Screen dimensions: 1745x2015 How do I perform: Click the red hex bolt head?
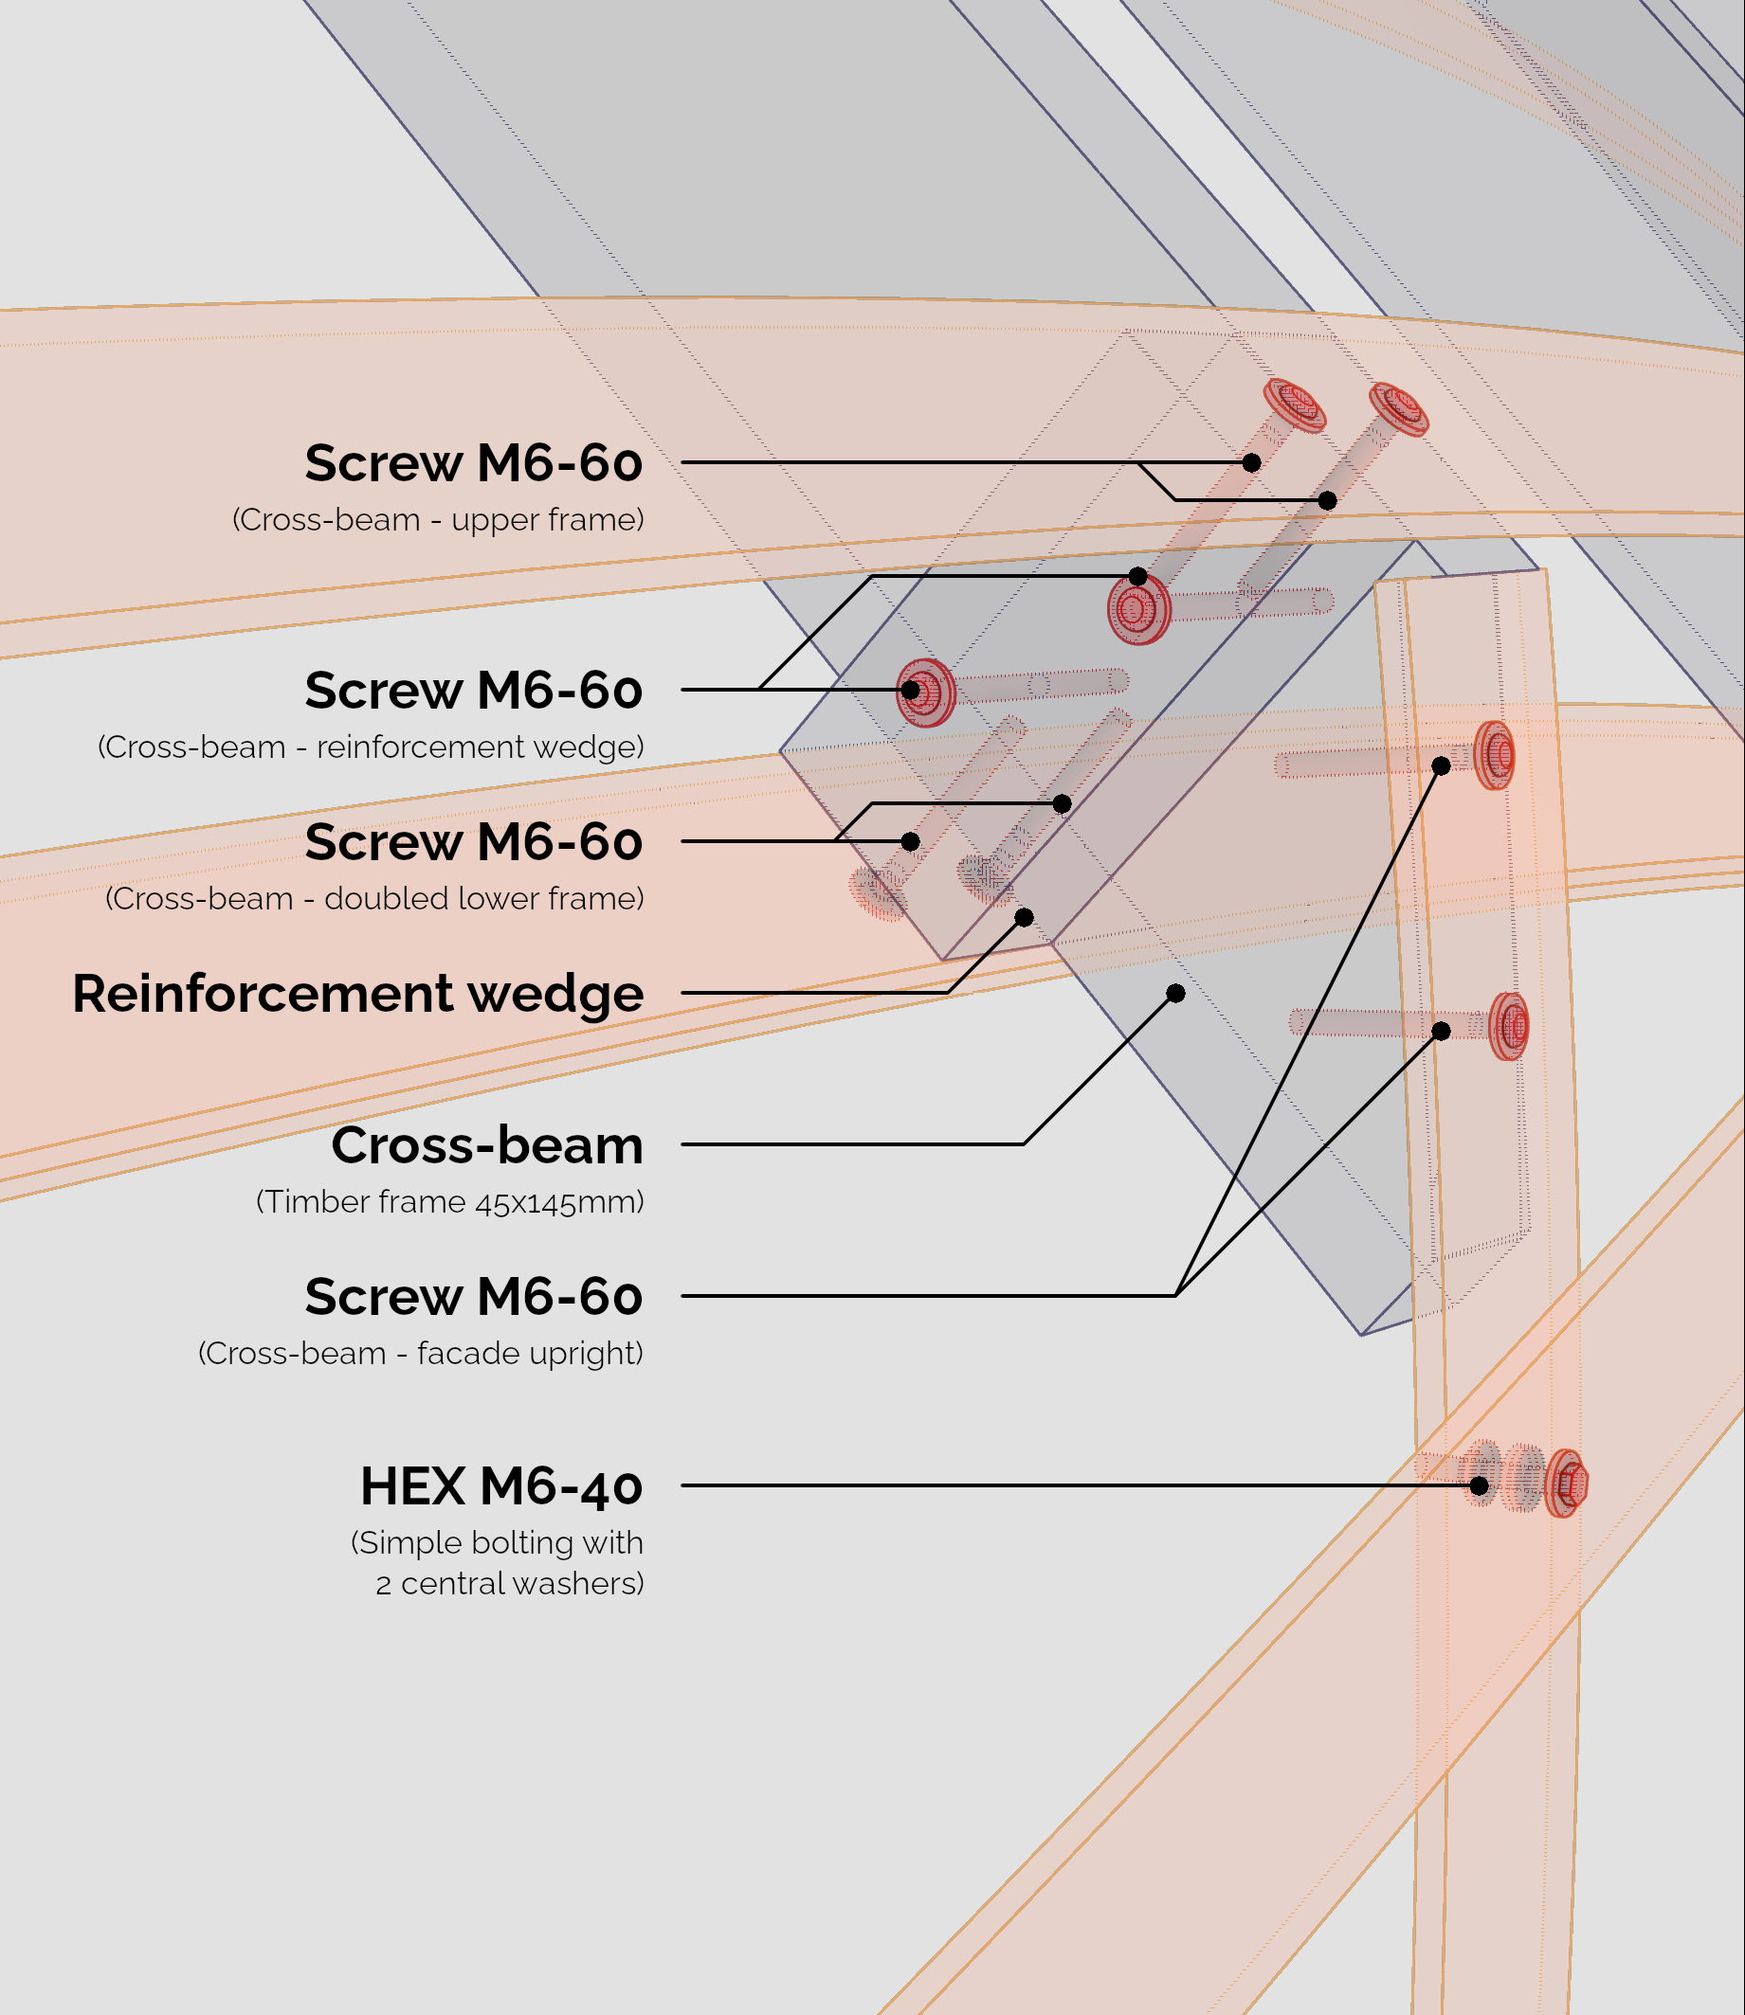[x=1566, y=1484]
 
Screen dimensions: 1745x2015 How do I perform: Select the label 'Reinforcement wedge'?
[x=357, y=994]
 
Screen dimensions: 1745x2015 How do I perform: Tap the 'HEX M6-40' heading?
[x=501, y=1486]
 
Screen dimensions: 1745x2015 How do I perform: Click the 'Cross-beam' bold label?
[x=487, y=1145]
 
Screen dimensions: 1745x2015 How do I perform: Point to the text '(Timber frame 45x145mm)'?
[x=450, y=1202]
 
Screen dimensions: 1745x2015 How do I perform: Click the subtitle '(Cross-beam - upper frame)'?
[x=438, y=520]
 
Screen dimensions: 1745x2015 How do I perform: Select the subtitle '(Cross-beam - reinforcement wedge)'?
[x=371, y=747]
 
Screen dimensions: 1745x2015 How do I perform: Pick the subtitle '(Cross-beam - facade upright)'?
[x=421, y=1354]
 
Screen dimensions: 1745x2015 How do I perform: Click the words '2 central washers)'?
[x=510, y=1584]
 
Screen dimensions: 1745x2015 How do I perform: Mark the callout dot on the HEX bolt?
[x=1480, y=1485]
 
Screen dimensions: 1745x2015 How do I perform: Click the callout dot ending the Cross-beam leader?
[x=1176, y=993]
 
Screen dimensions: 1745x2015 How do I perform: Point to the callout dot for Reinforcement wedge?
[x=1025, y=917]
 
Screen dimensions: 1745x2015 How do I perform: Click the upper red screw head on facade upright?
[x=1495, y=754]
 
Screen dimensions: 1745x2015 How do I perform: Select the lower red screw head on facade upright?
[x=1509, y=1026]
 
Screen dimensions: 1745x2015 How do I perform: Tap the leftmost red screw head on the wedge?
[x=925, y=693]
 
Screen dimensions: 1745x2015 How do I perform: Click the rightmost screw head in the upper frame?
[x=1398, y=408]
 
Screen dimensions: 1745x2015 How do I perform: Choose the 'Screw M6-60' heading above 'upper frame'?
[x=474, y=463]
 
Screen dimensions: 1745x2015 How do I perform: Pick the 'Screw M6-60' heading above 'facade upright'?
[x=474, y=1298]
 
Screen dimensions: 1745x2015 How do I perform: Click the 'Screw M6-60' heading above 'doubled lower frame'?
[x=474, y=842]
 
